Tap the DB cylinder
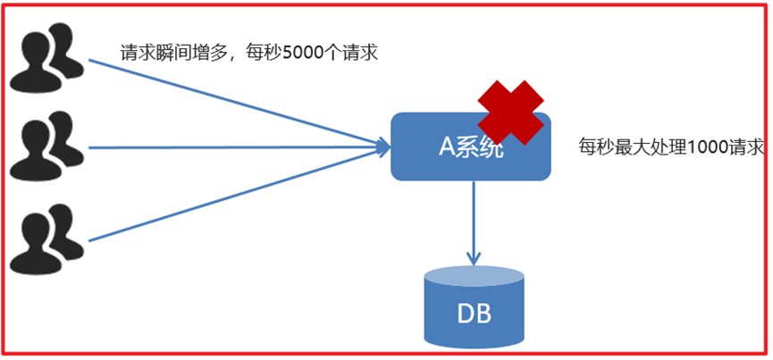473,309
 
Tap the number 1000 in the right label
708,147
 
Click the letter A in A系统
448,147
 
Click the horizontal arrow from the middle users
232,147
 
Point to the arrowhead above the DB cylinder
473,257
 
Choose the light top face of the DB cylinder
473,274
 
